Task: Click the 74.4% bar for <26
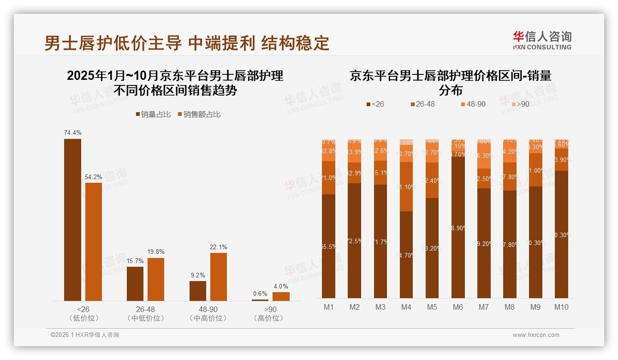(72, 220)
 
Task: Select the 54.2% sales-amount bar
(94, 242)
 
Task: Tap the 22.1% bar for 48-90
(219, 277)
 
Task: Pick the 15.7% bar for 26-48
(135, 284)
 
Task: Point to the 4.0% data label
(280, 287)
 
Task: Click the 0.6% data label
(260, 294)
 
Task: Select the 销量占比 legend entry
(155, 114)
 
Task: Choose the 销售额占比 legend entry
(199, 114)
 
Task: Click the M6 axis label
(458, 307)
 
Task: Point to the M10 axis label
(561, 307)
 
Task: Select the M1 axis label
(329, 307)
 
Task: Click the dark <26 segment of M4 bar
(406, 255)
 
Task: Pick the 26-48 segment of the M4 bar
(406, 186)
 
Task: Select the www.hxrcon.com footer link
(536, 335)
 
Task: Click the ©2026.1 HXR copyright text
(84, 335)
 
